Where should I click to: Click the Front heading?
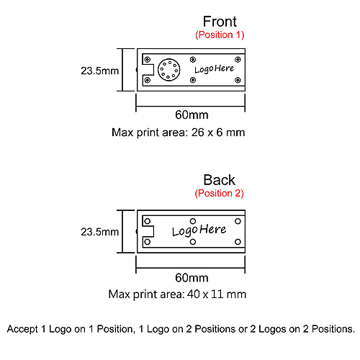(220, 22)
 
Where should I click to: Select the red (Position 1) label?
(220, 35)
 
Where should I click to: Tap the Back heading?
(220, 180)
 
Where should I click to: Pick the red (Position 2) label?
(219, 193)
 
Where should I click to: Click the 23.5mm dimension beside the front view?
(100, 71)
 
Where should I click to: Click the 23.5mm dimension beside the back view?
(100, 232)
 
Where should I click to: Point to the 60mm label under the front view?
(192, 114)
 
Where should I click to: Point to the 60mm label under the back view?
(192, 278)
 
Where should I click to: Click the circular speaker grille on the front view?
(169, 70)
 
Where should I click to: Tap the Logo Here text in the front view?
(214, 69)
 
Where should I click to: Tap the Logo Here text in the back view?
(199, 230)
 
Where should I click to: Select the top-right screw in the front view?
(238, 59)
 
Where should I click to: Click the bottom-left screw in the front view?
(148, 80)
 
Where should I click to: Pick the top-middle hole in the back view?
(193, 221)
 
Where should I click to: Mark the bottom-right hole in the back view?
(238, 242)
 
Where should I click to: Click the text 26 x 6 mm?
(218, 132)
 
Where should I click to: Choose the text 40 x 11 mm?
(217, 294)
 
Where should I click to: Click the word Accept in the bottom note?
(22, 329)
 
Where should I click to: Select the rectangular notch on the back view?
(148, 231)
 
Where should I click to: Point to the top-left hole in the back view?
(148, 221)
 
